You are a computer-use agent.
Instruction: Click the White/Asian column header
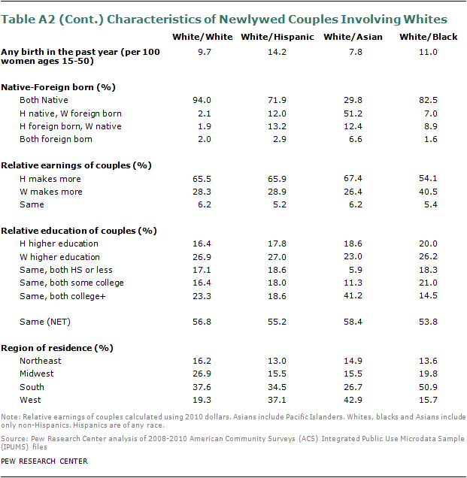coord(345,36)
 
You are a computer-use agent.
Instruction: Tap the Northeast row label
coord(41,361)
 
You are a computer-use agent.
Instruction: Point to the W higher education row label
coord(59,256)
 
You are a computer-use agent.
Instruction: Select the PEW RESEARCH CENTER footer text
coord(45,461)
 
